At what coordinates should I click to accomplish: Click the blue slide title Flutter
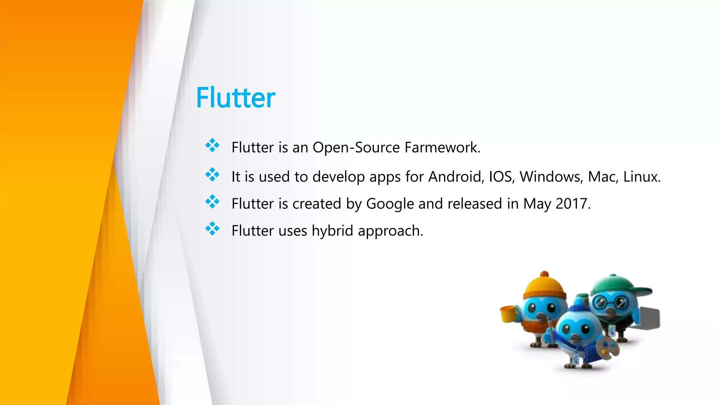click(x=236, y=97)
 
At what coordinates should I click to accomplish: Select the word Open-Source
click(x=356, y=148)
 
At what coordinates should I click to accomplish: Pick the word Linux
click(x=641, y=176)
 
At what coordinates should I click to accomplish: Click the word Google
click(x=390, y=204)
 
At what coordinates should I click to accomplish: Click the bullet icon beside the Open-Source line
click(x=212, y=146)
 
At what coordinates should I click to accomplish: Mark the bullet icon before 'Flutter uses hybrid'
click(x=212, y=229)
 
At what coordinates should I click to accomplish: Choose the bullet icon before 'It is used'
click(x=212, y=175)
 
